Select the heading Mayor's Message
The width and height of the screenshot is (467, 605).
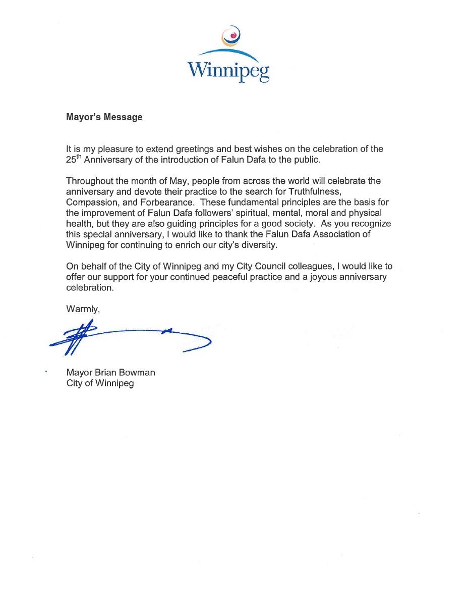[x=104, y=117]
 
